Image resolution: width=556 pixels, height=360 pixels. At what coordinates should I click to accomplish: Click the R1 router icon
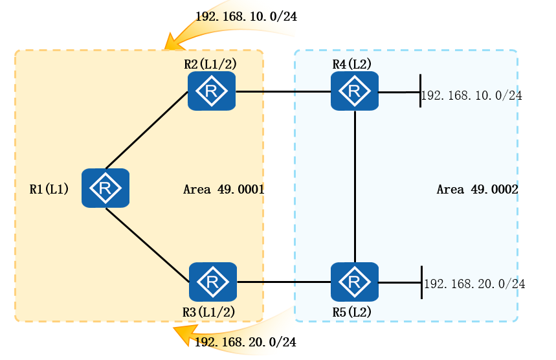coord(106,188)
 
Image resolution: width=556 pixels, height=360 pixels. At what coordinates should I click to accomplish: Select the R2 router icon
coord(212,91)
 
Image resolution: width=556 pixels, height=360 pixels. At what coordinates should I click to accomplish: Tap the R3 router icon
coord(212,282)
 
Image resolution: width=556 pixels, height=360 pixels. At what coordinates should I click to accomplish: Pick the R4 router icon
coord(354,91)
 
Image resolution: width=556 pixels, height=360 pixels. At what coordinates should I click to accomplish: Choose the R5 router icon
coord(354,282)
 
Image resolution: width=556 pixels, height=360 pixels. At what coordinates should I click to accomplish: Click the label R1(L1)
coord(49,189)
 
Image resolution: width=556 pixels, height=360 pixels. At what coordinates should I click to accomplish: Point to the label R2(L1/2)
coord(210,63)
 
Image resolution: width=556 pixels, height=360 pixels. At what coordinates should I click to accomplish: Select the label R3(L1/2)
coord(208,311)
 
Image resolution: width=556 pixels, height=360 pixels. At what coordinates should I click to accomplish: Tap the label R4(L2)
coord(351,63)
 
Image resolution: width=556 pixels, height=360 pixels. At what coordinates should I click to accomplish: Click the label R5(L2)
coord(351,311)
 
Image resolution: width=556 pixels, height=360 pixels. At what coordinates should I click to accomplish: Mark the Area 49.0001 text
coord(223,190)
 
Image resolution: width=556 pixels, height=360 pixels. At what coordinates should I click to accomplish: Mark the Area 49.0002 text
coord(477,190)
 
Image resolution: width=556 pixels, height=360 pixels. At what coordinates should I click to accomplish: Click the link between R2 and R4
coord(283,91)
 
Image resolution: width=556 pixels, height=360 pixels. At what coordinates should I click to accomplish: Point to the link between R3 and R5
coord(283,282)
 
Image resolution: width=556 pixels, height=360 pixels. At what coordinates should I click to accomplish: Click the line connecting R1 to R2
coord(146,131)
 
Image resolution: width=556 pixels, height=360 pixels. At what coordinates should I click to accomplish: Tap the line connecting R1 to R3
coord(148,245)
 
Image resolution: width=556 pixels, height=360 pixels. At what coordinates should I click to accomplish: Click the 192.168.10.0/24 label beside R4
coord(472,96)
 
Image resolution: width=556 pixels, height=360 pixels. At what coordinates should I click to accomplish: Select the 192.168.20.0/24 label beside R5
coord(474,284)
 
